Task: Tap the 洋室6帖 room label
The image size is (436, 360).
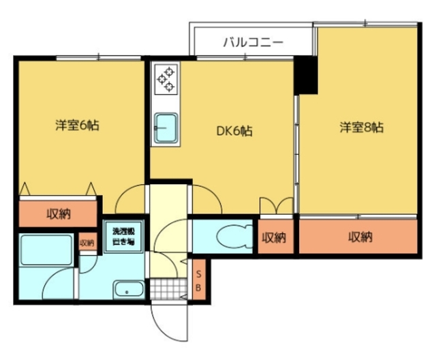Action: click(x=78, y=125)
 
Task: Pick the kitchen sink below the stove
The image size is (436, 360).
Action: click(x=166, y=127)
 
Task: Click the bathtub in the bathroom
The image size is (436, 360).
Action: click(x=46, y=250)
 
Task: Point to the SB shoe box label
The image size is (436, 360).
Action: click(x=199, y=280)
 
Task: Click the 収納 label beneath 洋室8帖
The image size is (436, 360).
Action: click(x=360, y=237)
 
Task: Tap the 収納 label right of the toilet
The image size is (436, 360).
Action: click(x=274, y=237)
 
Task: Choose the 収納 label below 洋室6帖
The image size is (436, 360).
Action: click(x=58, y=213)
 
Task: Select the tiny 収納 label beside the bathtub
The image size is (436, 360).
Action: click(x=87, y=242)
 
